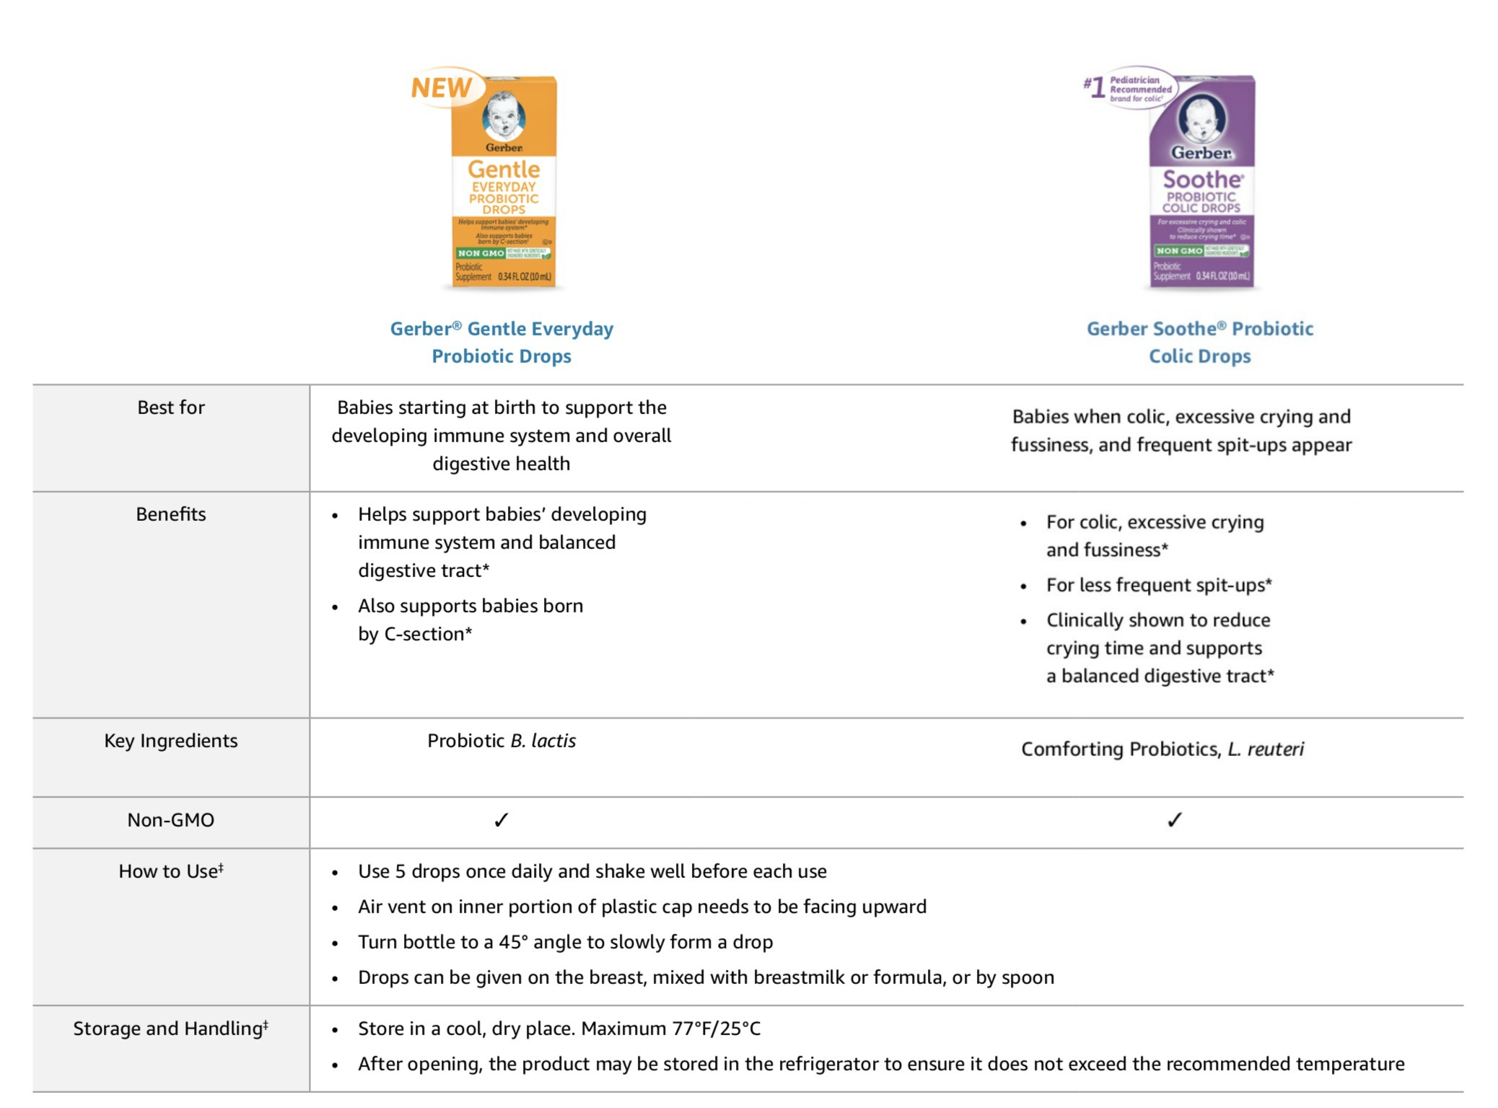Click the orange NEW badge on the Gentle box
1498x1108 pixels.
click(442, 88)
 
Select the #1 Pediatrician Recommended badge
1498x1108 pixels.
click(1131, 89)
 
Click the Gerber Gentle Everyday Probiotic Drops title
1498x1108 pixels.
click(501, 342)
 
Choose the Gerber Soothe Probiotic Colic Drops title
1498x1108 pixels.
click(1200, 342)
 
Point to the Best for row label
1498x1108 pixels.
click(171, 408)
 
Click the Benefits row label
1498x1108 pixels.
click(171, 514)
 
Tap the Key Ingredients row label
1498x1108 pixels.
click(171, 741)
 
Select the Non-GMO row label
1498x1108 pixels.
click(171, 820)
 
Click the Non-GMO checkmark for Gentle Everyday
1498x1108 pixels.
click(501, 820)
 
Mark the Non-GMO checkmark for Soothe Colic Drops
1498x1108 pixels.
click(1175, 820)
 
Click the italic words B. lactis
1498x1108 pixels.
click(543, 741)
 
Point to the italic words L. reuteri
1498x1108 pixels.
click(1266, 749)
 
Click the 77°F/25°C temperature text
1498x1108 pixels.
click(717, 1029)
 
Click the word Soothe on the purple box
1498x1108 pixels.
click(1202, 180)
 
